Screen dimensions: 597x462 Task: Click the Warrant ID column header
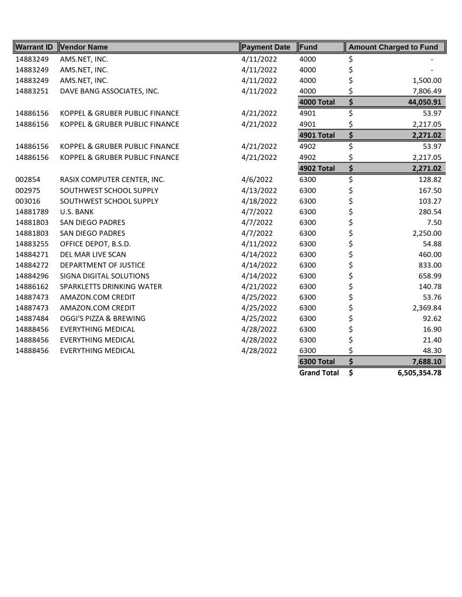point(34,47)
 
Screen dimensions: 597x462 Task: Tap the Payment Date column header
point(266,47)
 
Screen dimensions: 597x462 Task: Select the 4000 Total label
point(317,102)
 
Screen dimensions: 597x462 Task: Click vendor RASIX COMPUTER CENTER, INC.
point(112,180)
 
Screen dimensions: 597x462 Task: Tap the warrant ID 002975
point(29,190)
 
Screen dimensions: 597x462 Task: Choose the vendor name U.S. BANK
point(77,212)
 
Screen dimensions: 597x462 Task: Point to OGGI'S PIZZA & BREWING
point(103,319)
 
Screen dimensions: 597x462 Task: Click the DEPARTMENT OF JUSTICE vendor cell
point(102,265)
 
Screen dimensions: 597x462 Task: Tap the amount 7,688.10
point(425,362)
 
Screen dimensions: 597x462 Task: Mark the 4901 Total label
point(317,135)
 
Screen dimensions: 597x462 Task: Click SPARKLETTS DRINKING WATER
point(111,287)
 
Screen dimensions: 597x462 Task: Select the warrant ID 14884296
point(32,276)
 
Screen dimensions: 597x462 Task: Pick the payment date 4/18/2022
point(259,201)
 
